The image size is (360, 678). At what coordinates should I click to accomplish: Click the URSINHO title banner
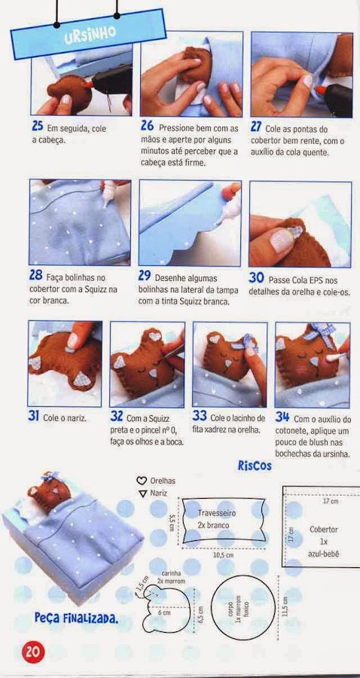pyautogui.click(x=89, y=33)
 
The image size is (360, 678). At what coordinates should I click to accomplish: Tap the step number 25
pyautogui.click(x=38, y=126)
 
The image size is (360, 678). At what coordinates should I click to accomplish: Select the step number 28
pyautogui.click(x=36, y=275)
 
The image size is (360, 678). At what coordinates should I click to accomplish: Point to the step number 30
pyautogui.click(x=256, y=277)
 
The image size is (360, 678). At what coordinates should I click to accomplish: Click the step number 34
pyautogui.click(x=282, y=417)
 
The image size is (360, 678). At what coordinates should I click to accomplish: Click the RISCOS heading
pyautogui.click(x=255, y=466)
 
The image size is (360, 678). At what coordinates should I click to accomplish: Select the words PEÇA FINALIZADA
pyautogui.click(x=76, y=618)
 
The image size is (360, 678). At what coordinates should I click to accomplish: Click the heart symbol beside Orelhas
pyautogui.click(x=142, y=481)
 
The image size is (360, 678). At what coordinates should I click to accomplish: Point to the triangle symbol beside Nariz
pyautogui.click(x=142, y=493)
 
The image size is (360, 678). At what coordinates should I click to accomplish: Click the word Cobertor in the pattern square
pyautogui.click(x=324, y=530)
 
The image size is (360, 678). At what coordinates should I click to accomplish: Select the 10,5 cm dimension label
pyautogui.click(x=224, y=555)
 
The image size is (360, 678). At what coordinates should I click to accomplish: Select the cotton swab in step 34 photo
pyautogui.click(x=338, y=356)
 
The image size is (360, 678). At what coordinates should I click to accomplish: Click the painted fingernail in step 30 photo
pyautogui.click(x=282, y=240)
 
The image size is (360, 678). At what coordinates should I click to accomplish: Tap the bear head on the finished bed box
pyautogui.click(x=48, y=494)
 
